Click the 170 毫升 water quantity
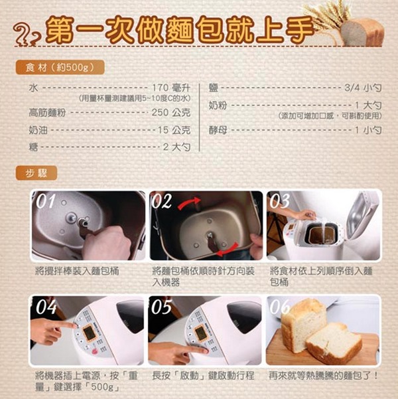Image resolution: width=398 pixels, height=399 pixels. click(x=171, y=88)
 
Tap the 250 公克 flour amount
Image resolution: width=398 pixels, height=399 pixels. click(x=171, y=112)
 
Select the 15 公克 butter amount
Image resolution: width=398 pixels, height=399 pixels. click(x=174, y=130)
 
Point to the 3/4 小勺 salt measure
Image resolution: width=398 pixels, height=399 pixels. click(x=363, y=88)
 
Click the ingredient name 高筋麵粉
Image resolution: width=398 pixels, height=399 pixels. click(x=47, y=112)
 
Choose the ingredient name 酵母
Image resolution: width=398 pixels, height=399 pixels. click(x=218, y=130)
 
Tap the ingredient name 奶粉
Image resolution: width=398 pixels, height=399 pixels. click(x=218, y=105)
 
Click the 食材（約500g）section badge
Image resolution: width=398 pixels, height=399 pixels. click(x=60, y=68)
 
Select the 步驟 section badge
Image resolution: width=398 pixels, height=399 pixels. click(x=36, y=173)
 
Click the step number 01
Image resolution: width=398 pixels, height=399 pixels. click(x=46, y=201)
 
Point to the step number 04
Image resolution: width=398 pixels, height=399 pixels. click(x=46, y=307)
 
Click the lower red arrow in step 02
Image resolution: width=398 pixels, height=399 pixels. click(x=227, y=250)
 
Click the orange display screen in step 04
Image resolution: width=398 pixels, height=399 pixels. click(x=90, y=333)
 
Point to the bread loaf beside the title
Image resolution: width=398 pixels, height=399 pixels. click(x=362, y=32)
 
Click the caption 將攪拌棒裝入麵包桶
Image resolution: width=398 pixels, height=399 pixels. click(x=78, y=271)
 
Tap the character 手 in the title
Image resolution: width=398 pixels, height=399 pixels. click(x=299, y=29)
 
